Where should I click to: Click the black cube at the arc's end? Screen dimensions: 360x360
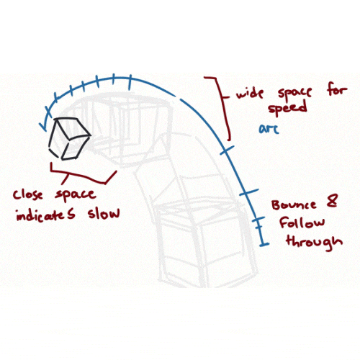click(69, 139)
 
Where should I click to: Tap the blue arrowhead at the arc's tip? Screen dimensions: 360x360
click(44, 126)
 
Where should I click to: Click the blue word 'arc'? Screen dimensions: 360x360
click(269, 129)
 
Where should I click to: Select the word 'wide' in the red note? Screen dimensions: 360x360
click(250, 93)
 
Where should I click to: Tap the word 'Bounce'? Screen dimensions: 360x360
click(294, 204)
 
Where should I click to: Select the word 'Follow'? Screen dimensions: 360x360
click(302, 222)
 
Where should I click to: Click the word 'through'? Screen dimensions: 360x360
click(315, 242)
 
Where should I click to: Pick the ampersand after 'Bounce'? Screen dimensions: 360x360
click(332, 201)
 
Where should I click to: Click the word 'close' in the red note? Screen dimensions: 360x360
click(28, 195)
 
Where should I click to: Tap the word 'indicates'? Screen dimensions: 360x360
click(45, 215)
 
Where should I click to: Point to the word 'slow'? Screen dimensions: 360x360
click(104, 212)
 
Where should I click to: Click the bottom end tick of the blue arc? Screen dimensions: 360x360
click(264, 245)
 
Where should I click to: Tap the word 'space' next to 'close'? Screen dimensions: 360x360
click(76, 195)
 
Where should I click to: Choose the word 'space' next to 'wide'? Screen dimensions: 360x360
click(294, 92)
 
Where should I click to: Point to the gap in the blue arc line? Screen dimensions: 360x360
click(178, 98)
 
